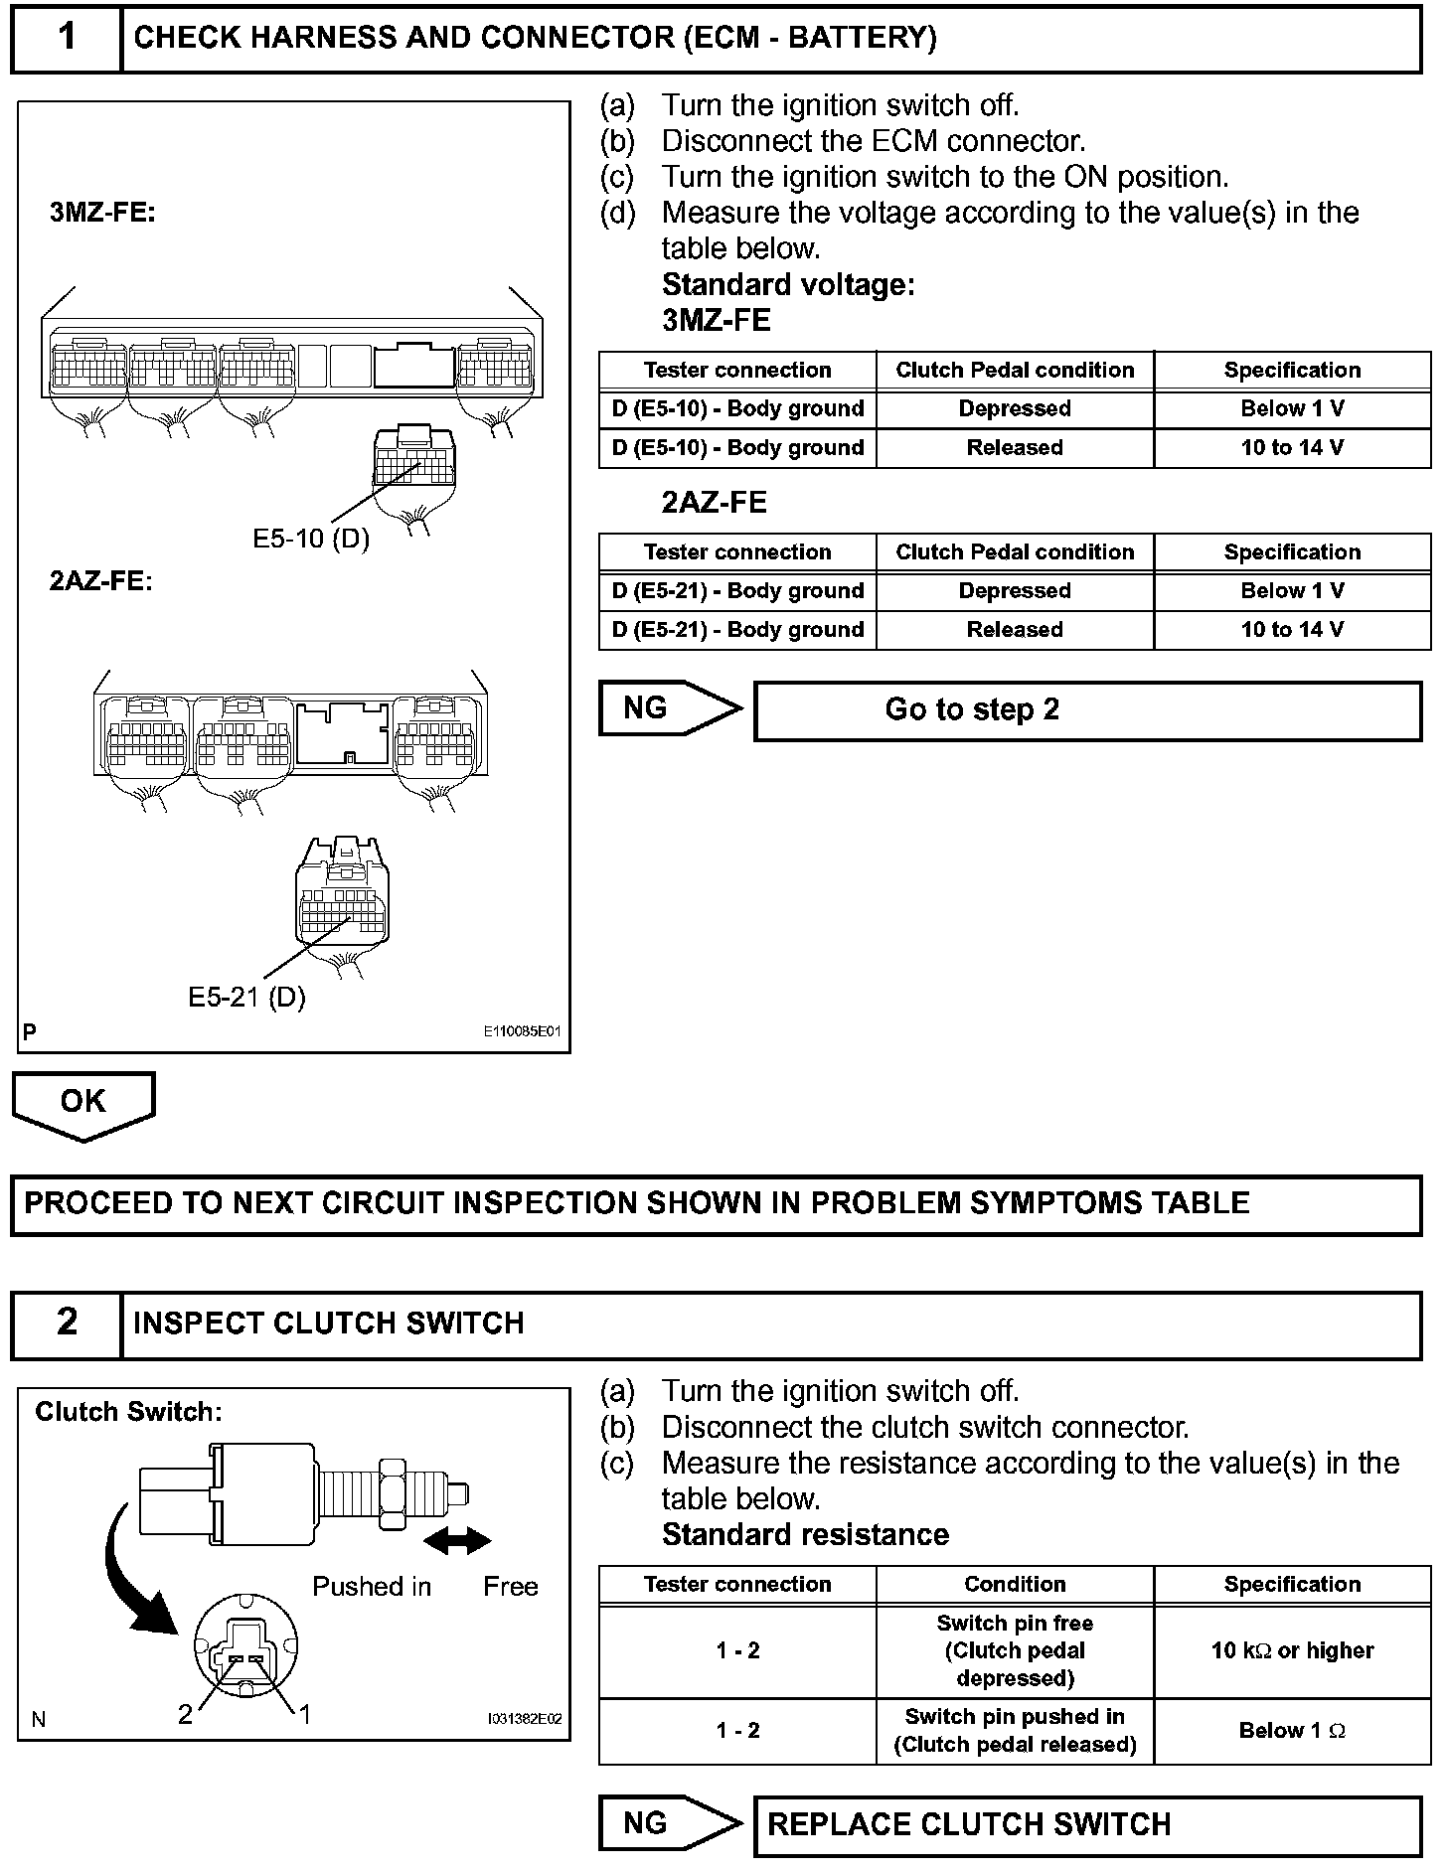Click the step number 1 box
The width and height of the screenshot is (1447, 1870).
(67, 38)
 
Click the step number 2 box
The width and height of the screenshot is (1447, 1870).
(67, 1323)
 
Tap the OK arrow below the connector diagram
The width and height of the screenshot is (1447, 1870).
(83, 1103)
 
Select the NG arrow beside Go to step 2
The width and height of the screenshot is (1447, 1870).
(668, 708)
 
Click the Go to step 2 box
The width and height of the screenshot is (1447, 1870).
(1087, 710)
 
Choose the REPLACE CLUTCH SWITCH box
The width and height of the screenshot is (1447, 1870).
(1087, 1825)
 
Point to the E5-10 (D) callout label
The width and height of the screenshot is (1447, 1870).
(310, 539)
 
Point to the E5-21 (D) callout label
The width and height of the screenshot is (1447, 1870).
(246, 997)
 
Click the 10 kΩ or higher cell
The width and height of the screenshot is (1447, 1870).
(1292, 1650)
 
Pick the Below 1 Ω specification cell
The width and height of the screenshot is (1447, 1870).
(1292, 1731)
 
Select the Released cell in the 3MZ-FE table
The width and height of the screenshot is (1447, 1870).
(1015, 448)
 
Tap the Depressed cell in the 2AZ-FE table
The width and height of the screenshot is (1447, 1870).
(1015, 591)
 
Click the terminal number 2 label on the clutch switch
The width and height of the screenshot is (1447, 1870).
(185, 1714)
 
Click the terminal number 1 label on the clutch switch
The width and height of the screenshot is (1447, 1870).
(305, 1714)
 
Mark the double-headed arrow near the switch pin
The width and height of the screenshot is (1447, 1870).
(457, 1541)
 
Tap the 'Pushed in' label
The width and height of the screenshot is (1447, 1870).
(372, 1587)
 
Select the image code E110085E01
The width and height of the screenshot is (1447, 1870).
(522, 1031)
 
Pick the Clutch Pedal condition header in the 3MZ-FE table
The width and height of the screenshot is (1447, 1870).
(1015, 371)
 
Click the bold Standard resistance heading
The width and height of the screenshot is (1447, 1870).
(805, 1535)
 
